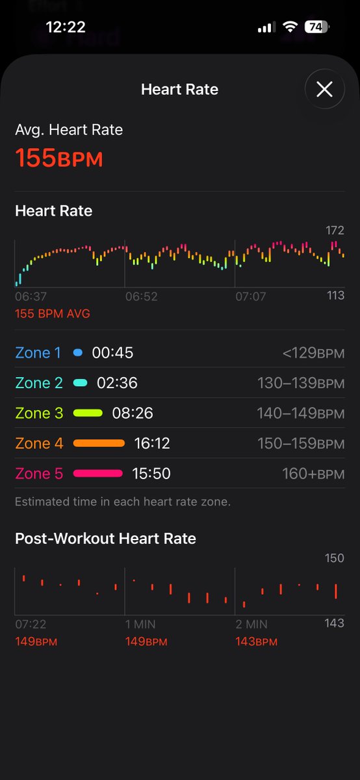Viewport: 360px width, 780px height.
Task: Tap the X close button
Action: [324, 89]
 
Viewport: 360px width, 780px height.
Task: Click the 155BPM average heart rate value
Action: [59, 158]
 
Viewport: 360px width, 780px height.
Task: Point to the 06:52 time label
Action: [142, 296]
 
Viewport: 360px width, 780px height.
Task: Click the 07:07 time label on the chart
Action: [251, 296]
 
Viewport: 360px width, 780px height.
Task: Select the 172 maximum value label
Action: [335, 230]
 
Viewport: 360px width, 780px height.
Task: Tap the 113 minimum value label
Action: [335, 295]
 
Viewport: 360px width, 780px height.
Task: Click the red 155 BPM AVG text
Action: [53, 313]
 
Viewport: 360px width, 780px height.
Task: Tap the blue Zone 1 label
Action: [38, 353]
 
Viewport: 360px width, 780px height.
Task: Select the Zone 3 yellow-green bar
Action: [88, 413]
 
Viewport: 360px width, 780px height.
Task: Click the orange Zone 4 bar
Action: [99, 443]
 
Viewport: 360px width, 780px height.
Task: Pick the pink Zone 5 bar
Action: [98, 473]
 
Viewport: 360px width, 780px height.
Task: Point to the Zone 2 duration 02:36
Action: [117, 383]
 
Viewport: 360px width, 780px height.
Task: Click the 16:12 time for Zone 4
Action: [152, 443]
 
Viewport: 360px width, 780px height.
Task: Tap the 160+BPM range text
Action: [313, 474]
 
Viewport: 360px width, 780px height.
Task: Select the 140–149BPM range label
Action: [301, 413]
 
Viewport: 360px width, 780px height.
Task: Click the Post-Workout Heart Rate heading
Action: [105, 538]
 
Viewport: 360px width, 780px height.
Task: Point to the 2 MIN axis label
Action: [251, 625]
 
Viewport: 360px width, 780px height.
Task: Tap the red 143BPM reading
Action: [256, 642]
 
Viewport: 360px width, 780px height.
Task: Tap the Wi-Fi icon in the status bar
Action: [290, 27]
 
